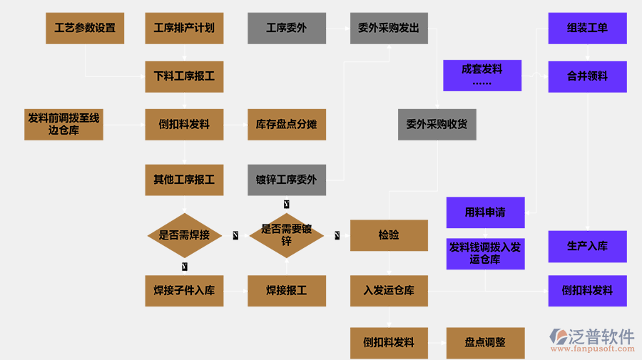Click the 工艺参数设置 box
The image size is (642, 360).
point(84,29)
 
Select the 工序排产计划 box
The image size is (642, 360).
point(184,29)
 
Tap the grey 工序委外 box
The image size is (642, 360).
point(287,29)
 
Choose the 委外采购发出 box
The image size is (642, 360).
point(389,29)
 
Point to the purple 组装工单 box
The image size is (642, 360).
point(587,29)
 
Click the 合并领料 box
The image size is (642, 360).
point(587,76)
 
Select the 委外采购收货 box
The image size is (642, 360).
point(437,124)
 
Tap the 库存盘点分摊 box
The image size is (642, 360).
point(287,124)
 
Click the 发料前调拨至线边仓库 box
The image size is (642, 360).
point(63,124)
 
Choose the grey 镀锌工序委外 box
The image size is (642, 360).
point(287,180)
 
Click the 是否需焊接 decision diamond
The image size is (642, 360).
point(184,235)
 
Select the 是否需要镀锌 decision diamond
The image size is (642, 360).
point(287,235)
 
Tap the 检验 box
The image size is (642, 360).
point(389,235)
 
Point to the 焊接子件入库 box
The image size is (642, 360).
point(184,291)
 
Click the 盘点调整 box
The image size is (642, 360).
point(485,342)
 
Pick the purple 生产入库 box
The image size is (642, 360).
point(587,246)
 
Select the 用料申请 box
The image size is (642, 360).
point(485,212)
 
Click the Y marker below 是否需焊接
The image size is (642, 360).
point(185,266)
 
